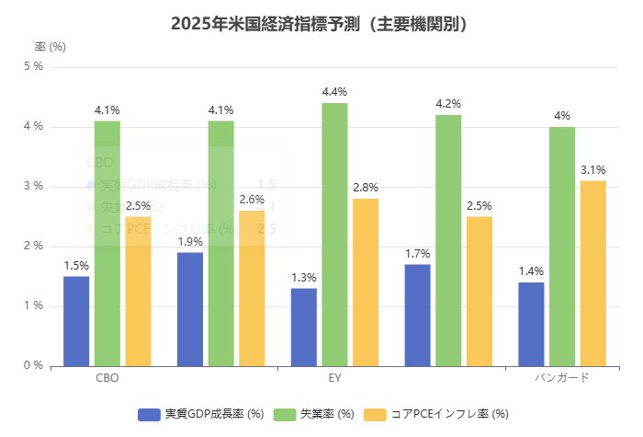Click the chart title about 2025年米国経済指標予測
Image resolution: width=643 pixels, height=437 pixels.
[x=321, y=24]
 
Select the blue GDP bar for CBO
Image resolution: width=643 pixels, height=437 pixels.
[x=76, y=321]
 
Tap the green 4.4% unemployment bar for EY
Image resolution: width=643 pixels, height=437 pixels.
[x=334, y=235]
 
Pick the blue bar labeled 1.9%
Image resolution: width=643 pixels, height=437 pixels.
[x=190, y=309]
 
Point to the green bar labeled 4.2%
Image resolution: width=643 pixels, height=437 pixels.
[x=448, y=240]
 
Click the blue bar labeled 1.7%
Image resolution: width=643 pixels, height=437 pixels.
[x=417, y=315]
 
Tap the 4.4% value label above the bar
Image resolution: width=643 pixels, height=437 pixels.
[x=334, y=92]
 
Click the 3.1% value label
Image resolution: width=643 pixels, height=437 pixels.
[x=593, y=170]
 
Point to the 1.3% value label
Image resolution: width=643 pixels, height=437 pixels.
[x=303, y=278]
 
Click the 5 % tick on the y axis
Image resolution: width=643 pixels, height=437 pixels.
[x=33, y=66]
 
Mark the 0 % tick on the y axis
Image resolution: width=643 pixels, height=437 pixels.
[x=33, y=366]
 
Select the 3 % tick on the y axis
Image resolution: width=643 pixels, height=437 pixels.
[x=33, y=187]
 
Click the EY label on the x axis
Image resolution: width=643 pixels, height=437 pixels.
[x=334, y=378]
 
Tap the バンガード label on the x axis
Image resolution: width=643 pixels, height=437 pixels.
[x=562, y=378]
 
